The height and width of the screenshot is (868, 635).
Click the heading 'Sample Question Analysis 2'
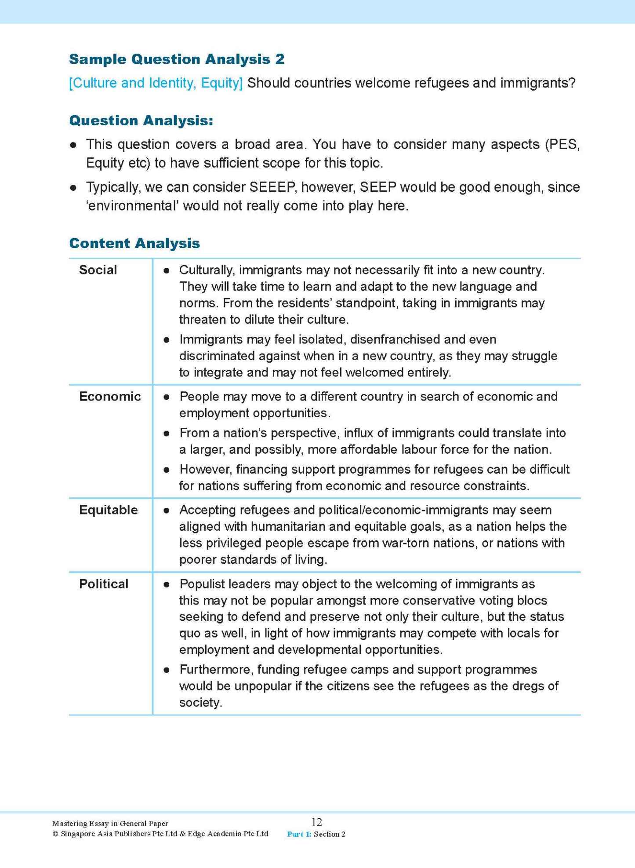[177, 59]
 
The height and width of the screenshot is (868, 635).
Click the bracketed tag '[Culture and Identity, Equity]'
[156, 83]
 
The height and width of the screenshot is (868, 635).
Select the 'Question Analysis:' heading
[141, 120]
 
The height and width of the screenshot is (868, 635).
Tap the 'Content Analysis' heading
[134, 243]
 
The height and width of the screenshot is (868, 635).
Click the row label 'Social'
[98, 270]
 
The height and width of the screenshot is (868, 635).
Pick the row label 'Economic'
[110, 397]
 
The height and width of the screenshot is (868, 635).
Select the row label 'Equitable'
[108, 510]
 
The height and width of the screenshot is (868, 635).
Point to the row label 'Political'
[104, 584]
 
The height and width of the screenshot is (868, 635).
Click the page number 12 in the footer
[316, 822]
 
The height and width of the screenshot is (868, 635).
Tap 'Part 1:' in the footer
[299, 834]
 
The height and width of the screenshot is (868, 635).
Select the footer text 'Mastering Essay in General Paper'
[110, 824]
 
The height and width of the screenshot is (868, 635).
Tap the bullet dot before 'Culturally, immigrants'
[167, 270]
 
